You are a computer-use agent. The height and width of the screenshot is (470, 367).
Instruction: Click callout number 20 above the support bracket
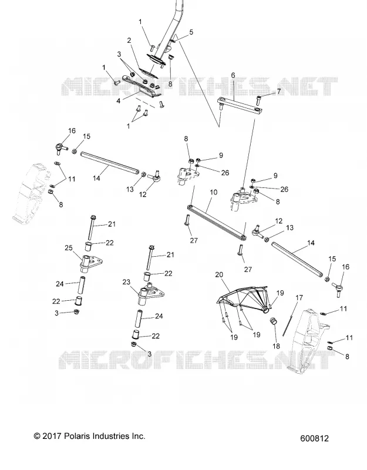219,274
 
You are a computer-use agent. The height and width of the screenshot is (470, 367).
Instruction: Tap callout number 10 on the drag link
213,192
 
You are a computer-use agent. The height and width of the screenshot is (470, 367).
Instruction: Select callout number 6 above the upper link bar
233,75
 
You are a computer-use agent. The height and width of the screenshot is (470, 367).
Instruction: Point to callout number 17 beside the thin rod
299,298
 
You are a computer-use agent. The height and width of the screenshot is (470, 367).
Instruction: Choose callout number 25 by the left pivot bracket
69,248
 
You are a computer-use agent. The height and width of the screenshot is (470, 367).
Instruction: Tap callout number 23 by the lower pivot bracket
126,282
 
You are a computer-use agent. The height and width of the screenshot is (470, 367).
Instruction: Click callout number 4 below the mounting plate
119,101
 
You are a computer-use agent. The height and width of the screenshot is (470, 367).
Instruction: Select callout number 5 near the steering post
191,32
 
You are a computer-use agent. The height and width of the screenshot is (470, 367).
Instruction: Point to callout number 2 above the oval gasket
129,41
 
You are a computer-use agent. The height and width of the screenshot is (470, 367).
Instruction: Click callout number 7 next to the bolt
278,91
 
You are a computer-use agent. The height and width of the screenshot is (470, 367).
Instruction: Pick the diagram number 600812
314,438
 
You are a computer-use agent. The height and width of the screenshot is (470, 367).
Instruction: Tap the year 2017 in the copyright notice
52,436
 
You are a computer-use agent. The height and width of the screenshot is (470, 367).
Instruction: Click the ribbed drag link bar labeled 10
217,221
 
